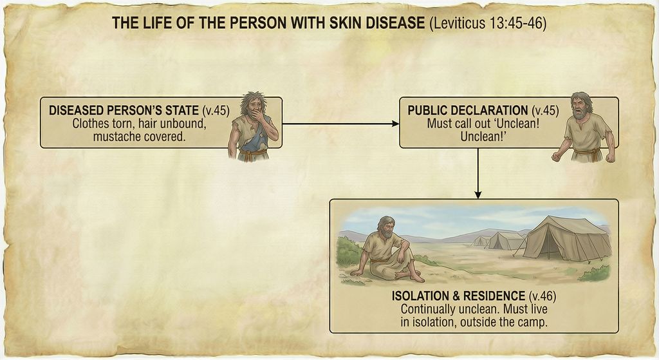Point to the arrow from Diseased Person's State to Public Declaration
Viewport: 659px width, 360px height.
click(340, 123)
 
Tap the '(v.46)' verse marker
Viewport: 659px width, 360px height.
click(539, 297)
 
